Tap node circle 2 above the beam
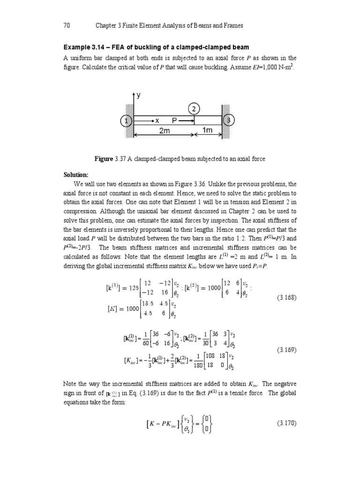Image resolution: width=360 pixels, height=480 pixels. pos(195,109)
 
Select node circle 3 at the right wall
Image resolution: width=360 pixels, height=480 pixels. pos(228,121)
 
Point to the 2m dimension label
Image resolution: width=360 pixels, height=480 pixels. pos(164,131)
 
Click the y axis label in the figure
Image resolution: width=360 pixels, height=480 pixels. pos(139,95)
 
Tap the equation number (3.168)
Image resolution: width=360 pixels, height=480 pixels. pos(287,297)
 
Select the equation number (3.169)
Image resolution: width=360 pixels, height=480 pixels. pos(287,350)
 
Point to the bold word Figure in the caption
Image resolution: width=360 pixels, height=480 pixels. pos(104,159)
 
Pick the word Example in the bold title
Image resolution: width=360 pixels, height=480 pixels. pos(76,47)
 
